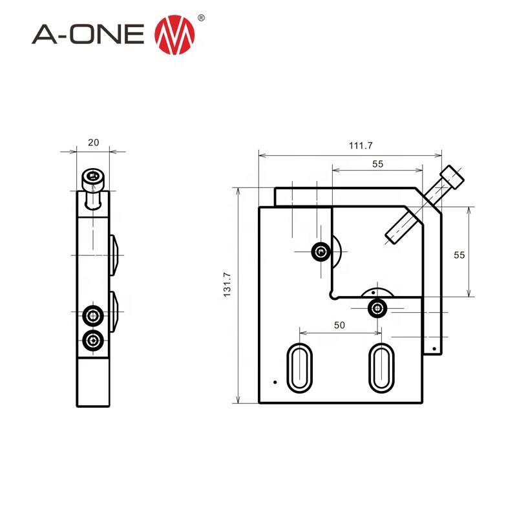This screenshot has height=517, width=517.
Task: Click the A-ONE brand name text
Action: pyautogui.click(x=89, y=35)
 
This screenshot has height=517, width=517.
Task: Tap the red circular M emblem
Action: pyautogui.click(x=175, y=35)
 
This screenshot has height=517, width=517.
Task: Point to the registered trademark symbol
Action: pyautogui.click(x=200, y=19)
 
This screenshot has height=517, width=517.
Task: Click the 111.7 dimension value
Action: pyautogui.click(x=361, y=146)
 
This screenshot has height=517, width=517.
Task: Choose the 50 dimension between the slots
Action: pyautogui.click(x=339, y=326)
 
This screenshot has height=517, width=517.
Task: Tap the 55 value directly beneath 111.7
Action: pyautogui.click(x=377, y=164)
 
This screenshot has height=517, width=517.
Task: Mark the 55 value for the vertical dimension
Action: pyautogui.click(x=459, y=255)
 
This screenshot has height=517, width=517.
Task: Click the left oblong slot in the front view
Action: pyautogui.click(x=299, y=367)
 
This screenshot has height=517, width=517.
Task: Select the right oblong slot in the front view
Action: pyautogui.click(x=380, y=367)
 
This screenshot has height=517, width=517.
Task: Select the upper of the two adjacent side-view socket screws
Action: pyautogui.click(x=94, y=315)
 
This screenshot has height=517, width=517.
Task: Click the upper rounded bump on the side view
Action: pyautogui.click(x=114, y=254)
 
